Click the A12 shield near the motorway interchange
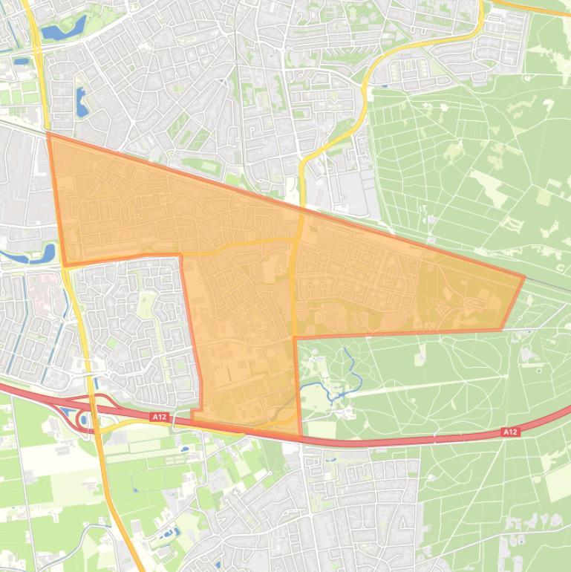(x=159, y=417)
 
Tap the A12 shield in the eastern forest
(x=509, y=432)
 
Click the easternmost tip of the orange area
(x=524, y=277)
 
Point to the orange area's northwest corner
(x=49, y=134)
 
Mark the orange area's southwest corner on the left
(x=65, y=265)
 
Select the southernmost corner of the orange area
(x=301, y=435)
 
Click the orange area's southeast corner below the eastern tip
(x=500, y=330)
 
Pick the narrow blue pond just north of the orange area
(x=82, y=102)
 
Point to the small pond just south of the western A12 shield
(x=183, y=449)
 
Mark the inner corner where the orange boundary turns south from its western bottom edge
(x=181, y=256)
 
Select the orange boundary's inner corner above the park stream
(x=296, y=338)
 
